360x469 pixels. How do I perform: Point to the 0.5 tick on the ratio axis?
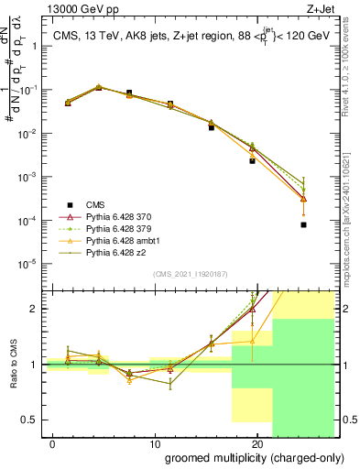(x=32, y=420)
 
